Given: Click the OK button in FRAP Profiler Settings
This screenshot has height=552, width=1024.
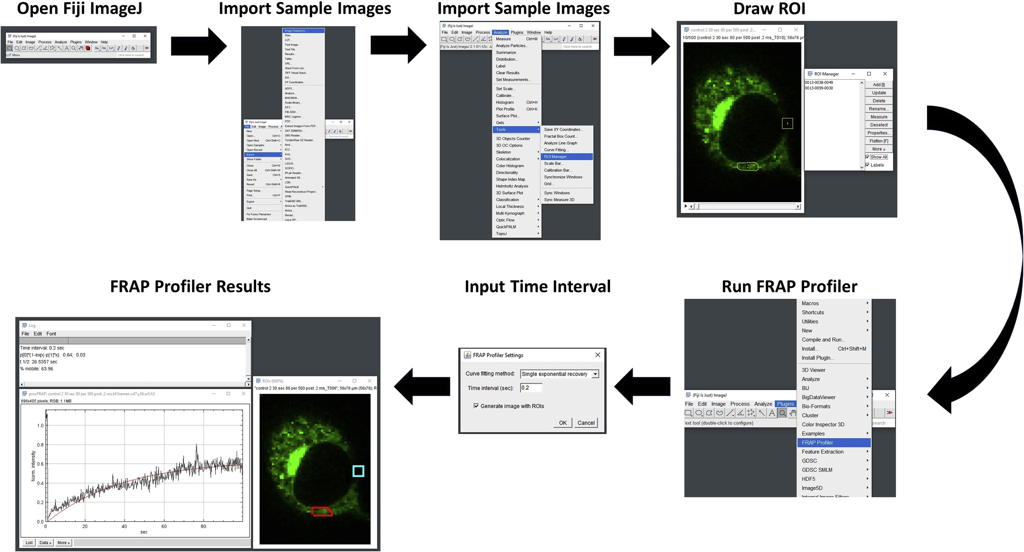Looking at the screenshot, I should (x=562, y=423).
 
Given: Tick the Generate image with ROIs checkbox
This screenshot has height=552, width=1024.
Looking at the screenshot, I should (x=476, y=406).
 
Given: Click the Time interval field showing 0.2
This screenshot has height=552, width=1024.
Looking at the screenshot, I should (x=531, y=388).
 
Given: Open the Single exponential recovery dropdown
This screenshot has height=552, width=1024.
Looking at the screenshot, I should (x=595, y=374).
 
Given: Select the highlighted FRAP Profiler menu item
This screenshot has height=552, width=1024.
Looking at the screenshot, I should (x=833, y=443).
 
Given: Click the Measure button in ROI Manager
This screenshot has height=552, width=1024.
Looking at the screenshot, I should (x=878, y=117).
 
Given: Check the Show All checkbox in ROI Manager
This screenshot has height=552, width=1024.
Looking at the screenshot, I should (x=868, y=157).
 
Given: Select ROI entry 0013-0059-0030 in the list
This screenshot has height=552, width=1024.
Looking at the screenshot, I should (x=819, y=88).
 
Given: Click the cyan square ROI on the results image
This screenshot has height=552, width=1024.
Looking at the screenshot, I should (x=358, y=471).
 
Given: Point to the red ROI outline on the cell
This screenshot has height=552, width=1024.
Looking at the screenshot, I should (x=322, y=511).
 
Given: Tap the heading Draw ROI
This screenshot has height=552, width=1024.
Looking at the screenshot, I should (x=769, y=9).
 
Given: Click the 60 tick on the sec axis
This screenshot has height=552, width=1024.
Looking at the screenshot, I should (x=164, y=526).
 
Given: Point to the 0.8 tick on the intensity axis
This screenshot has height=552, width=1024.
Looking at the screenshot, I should (x=40, y=444).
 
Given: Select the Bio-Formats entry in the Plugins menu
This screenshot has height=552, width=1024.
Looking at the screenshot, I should (x=816, y=406).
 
